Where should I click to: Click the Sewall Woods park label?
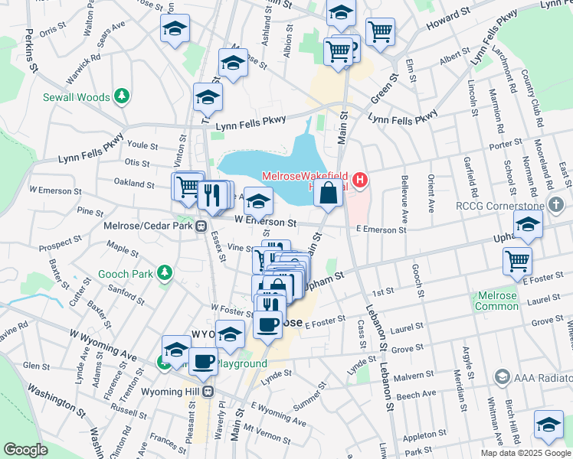pos(77,97)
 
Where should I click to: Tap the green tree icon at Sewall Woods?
pos(120,96)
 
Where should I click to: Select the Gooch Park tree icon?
pos(163,273)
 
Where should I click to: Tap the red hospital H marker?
pos(360,181)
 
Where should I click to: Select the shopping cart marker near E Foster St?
pos(518,261)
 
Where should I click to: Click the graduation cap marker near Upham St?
pos(528,224)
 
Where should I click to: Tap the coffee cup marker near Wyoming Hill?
pos(203,360)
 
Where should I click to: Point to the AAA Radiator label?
pos(536,376)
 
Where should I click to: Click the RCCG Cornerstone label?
pos(509,205)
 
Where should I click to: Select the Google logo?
pos(25,450)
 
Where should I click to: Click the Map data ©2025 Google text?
pos(525,453)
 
